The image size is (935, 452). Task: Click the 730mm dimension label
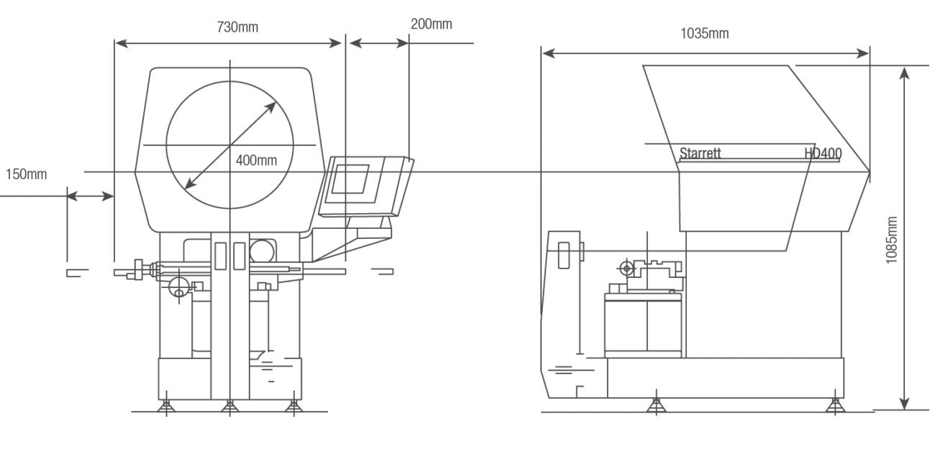[x=238, y=27]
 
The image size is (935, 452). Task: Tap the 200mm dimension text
[x=432, y=24]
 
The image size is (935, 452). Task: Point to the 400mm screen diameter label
[x=256, y=160]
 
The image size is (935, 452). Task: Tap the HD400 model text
[x=824, y=153]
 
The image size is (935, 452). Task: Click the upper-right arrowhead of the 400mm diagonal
[x=273, y=106]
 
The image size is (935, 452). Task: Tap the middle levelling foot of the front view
[x=229, y=407]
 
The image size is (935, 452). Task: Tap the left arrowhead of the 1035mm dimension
[x=548, y=53]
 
